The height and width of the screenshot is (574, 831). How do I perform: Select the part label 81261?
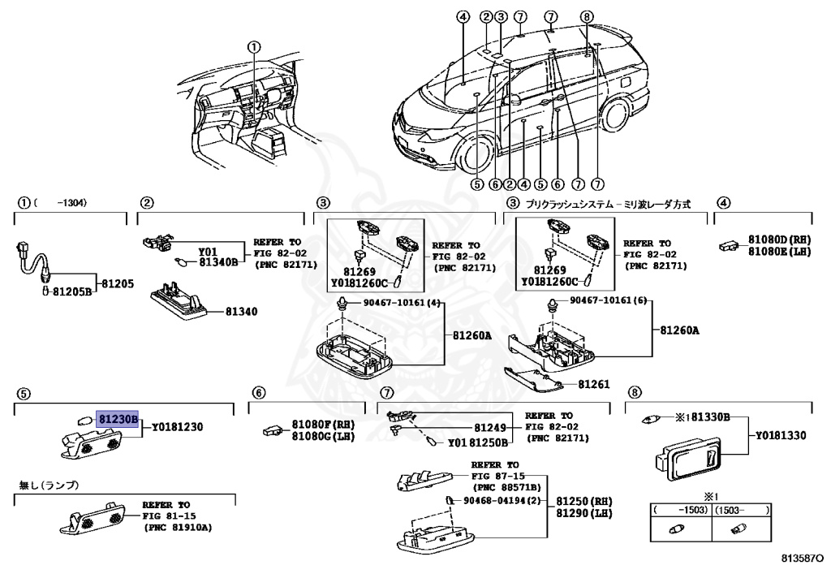tap(594, 383)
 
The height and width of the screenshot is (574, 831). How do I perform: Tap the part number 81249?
tap(489, 428)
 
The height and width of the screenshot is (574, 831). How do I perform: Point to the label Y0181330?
tap(781, 436)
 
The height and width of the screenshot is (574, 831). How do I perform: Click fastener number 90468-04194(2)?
tap(502, 500)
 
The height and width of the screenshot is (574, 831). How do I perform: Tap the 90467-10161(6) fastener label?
tap(607, 300)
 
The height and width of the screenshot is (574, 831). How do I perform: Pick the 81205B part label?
tap(76, 290)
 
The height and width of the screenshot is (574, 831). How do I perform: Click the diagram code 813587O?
tap(802, 560)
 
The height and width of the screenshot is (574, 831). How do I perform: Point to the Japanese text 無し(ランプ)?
tap(49, 486)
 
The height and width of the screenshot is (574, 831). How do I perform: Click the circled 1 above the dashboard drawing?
tap(255, 47)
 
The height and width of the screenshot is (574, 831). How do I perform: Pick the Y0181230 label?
tap(177, 426)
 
